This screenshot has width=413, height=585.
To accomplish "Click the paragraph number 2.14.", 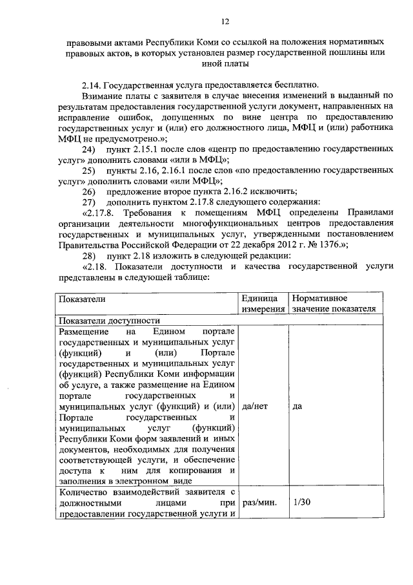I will click(92, 85).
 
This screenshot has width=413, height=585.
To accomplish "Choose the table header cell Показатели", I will click(82, 299).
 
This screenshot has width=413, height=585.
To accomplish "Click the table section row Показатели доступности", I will click(108, 320).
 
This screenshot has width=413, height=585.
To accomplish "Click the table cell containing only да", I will click(297, 407).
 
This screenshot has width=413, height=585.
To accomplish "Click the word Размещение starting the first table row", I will click(84, 331).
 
